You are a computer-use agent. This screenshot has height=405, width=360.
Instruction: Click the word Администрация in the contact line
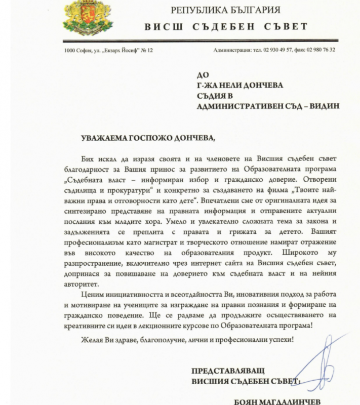(235, 50)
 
